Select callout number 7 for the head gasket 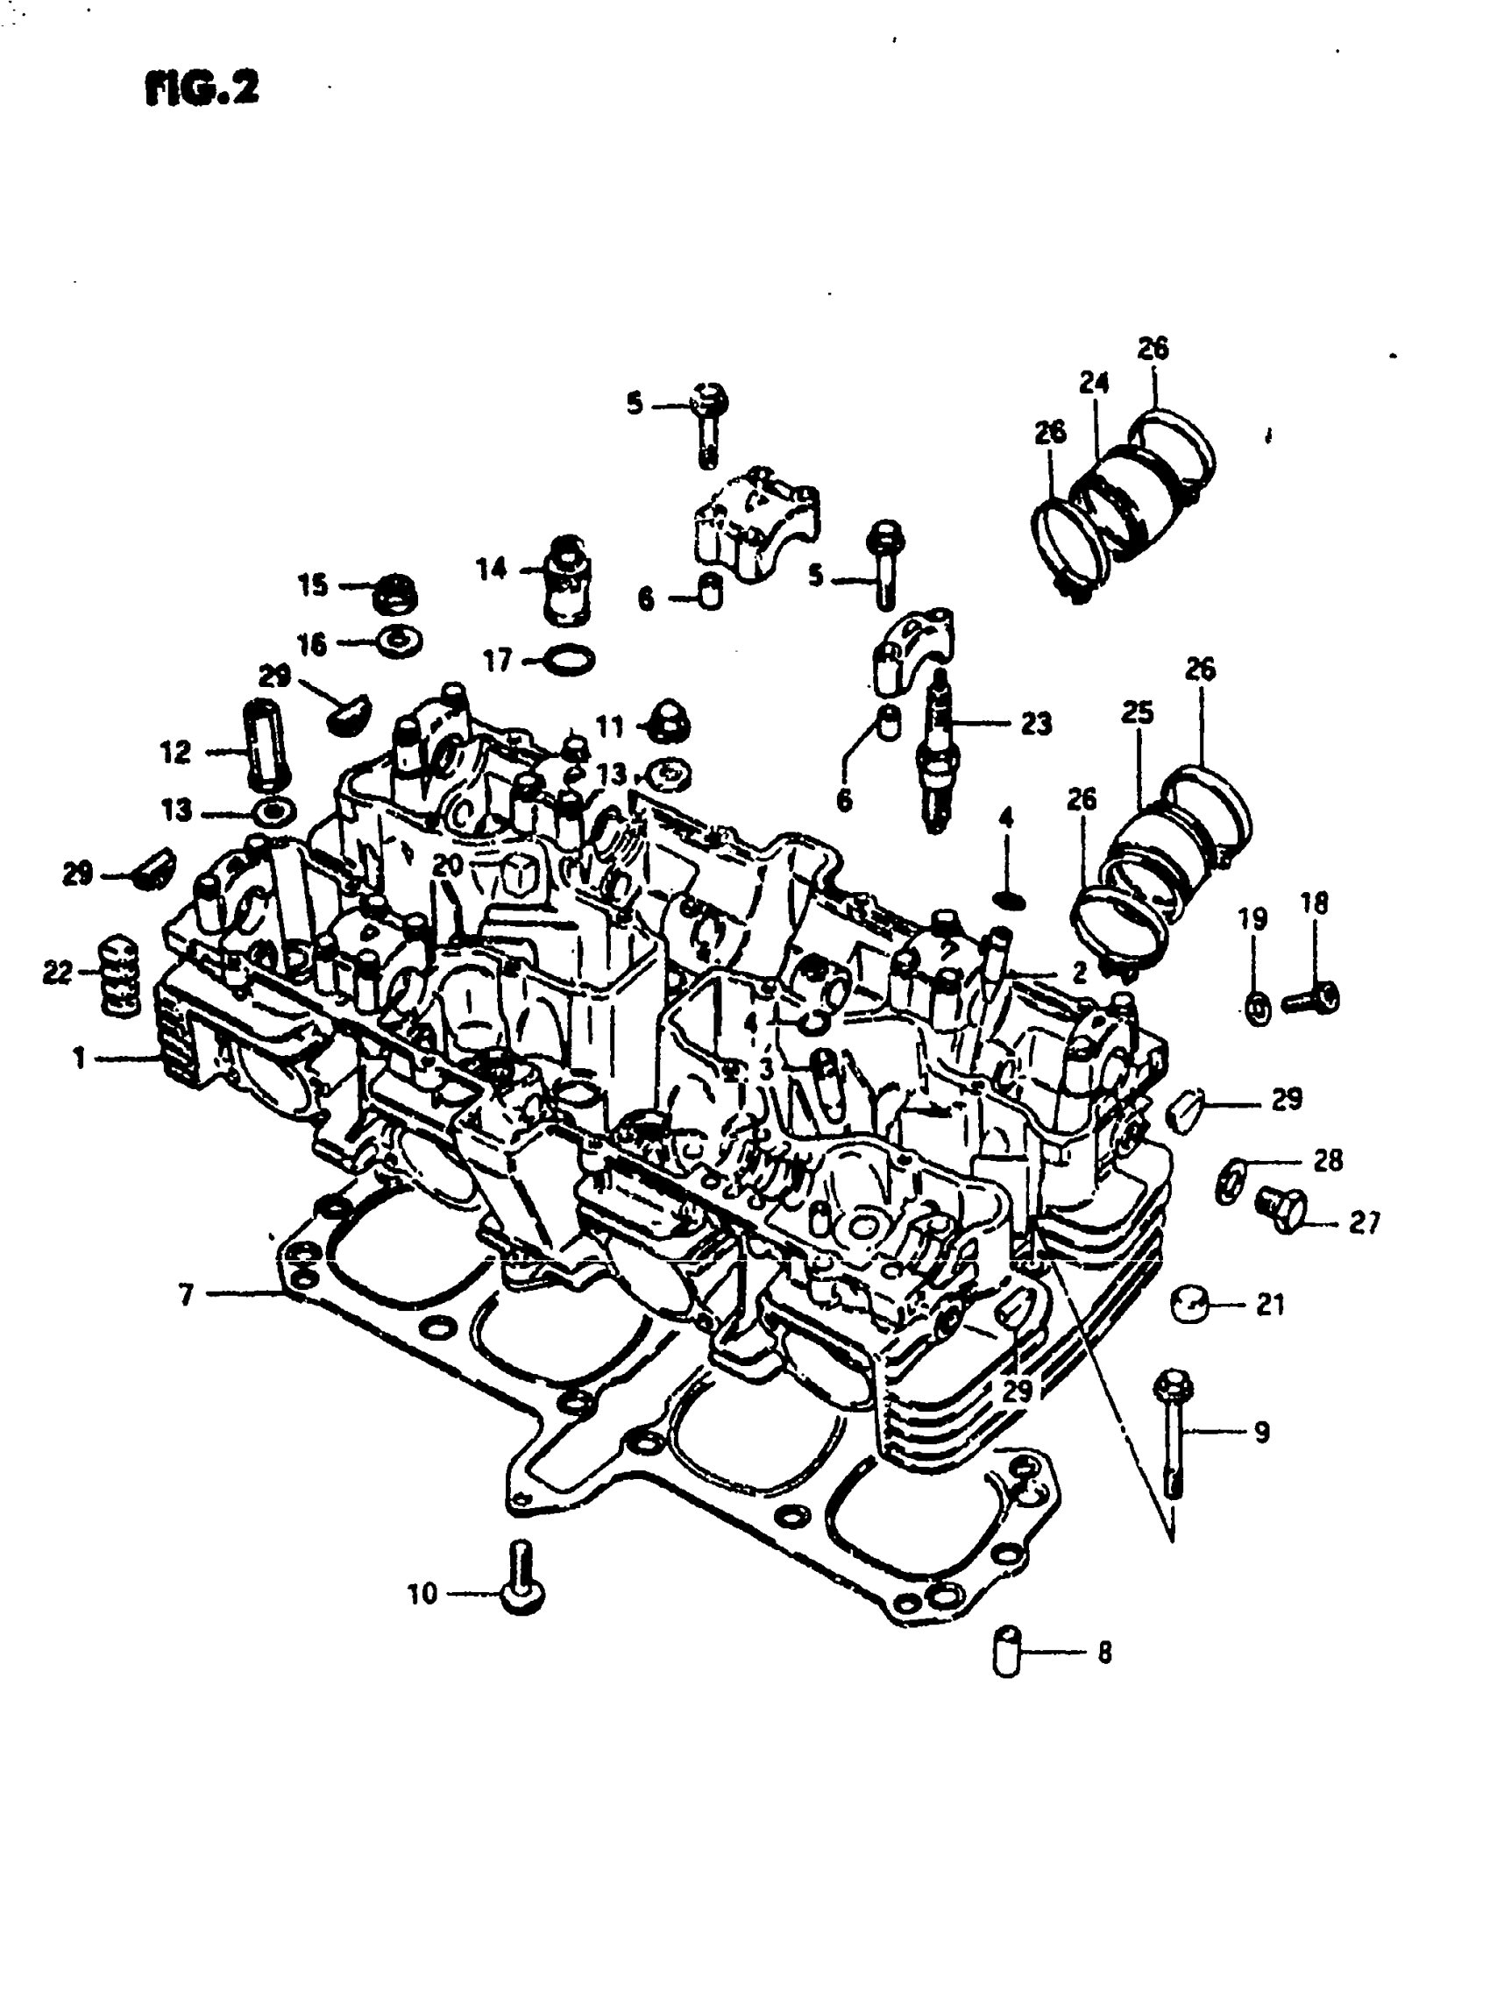pyautogui.click(x=186, y=1295)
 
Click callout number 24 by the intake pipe pyautogui.click(x=1093, y=383)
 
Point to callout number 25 pyautogui.click(x=1137, y=713)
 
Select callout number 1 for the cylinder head pyautogui.click(x=80, y=1058)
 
